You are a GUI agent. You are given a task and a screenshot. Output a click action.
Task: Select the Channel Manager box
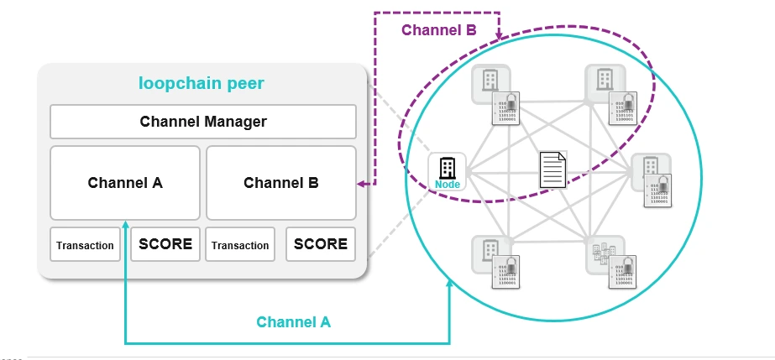coord(203,122)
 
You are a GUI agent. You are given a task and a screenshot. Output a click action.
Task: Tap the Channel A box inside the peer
coord(125,182)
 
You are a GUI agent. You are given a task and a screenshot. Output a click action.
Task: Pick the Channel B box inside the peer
coord(280,182)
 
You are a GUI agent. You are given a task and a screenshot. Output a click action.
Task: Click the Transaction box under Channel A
coord(85,245)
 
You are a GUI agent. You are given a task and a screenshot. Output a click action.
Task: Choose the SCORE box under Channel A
coord(165,244)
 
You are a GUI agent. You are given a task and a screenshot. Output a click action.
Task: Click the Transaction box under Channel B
coord(240,245)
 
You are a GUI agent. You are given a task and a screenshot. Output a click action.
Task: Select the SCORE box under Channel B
coord(321,244)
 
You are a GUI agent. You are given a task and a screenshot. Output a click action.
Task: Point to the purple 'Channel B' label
coord(438,30)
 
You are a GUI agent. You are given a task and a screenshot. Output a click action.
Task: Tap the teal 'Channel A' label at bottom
coord(294,321)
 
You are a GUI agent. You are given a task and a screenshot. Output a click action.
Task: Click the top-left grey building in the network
coord(490,81)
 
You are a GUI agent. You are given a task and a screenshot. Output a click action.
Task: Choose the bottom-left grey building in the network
coord(490,248)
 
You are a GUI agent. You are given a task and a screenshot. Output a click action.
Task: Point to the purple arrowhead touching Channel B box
coord(362,182)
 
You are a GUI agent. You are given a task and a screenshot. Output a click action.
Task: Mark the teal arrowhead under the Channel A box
coord(125,223)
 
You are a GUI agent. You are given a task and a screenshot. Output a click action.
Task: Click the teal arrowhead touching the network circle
coord(450,284)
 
